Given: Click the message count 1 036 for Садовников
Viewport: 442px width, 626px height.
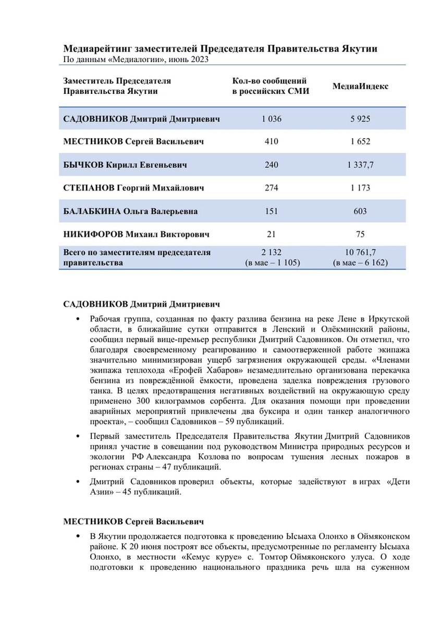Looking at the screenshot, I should click(x=271, y=119).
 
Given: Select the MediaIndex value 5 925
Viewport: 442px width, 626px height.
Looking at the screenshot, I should click(x=360, y=119).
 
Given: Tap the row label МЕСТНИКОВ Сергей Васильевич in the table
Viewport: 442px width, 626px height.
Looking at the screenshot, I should click(x=133, y=142).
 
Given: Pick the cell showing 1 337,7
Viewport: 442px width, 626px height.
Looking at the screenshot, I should click(x=360, y=165).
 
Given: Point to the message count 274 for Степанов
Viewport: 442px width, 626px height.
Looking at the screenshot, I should click(x=271, y=188).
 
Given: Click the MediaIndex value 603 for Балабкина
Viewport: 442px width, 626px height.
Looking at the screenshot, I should click(x=360, y=211).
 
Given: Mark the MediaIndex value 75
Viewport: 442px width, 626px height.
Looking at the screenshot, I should click(x=360, y=234).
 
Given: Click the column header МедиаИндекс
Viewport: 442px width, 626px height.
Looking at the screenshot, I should click(x=360, y=86).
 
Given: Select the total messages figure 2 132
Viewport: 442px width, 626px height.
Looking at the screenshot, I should click(x=271, y=252).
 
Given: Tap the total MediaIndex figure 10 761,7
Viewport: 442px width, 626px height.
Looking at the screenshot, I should click(x=360, y=252).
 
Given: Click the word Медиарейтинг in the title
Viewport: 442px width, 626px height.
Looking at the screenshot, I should click(x=97, y=49).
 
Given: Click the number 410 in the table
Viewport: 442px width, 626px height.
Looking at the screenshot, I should click(x=271, y=142).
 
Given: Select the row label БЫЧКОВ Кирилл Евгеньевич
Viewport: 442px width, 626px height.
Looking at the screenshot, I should click(x=125, y=165).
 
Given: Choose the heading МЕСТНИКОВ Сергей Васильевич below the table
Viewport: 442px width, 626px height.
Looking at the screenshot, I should click(x=133, y=521).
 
